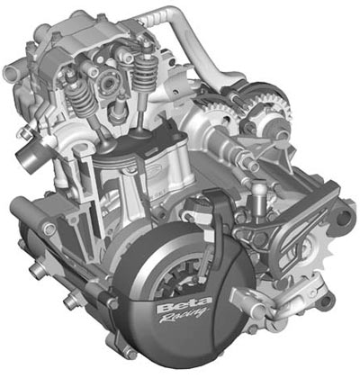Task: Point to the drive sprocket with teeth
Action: click(x=317, y=249)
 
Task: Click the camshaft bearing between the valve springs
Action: click(x=109, y=80)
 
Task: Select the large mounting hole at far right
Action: click(x=344, y=215)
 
